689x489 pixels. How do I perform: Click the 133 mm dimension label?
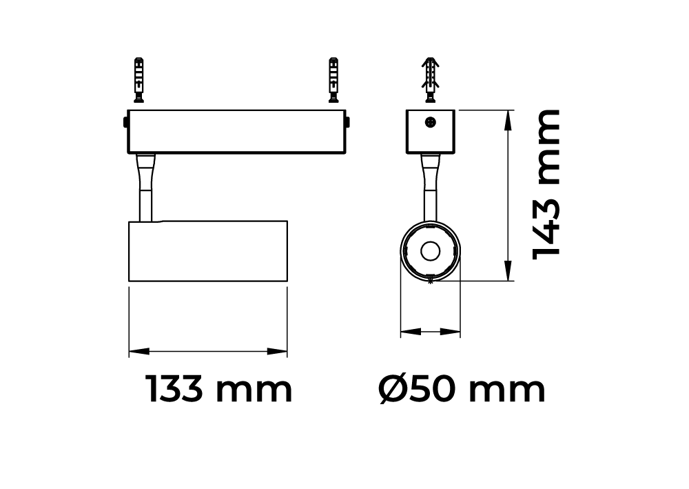tap(218, 389)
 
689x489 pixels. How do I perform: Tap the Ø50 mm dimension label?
tap(462, 389)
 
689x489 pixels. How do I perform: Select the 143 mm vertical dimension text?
tap(546, 185)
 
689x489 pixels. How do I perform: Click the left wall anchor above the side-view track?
tap(139, 80)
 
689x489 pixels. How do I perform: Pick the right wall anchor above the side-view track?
tap(334, 80)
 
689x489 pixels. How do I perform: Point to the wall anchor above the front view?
tap(431, 80)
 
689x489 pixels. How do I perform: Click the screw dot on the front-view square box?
tap(431, 122)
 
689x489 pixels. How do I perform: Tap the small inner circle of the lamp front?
tap(430, 251)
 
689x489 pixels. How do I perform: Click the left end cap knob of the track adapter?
tap(125, 122)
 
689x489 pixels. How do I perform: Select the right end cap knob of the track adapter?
tap(347, 122)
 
